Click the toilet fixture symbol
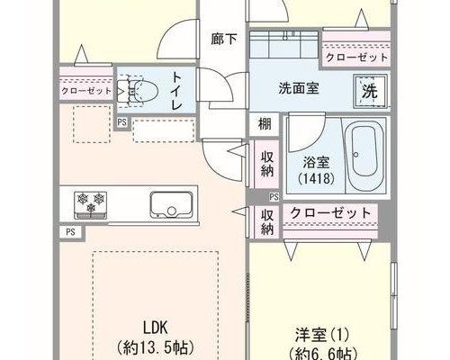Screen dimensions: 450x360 (138, 91)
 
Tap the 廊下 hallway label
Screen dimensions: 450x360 (224, 40)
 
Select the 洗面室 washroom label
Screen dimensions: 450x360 (299, 88)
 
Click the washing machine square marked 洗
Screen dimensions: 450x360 (371, 91)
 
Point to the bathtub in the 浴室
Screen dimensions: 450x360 (364, 156)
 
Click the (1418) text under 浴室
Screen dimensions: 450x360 (316, 178)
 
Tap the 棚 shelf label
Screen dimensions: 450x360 (265, 123)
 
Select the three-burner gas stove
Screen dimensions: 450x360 (90, 205)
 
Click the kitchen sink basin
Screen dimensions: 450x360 (171, 205)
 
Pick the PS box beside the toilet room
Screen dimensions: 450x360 (121, 122)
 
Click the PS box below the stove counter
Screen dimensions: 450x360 (70, 232)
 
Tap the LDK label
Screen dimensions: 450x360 (156, 328)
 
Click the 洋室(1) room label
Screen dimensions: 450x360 (322, 335)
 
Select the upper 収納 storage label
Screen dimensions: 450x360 (267, 164)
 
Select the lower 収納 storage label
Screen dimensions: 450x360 (267, 221)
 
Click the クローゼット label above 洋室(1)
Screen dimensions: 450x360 (330, 213)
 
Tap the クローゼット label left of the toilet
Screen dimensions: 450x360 (86, 91)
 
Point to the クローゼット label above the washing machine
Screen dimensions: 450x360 (356, 57)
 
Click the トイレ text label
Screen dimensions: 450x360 (177, 91)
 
